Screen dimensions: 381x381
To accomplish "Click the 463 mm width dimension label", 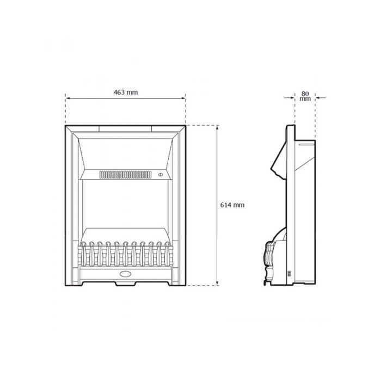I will (x=126, y=93).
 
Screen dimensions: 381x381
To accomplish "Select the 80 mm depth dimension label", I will (x=305, y=96).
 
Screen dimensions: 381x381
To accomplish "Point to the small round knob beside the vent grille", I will (x=161, y=175).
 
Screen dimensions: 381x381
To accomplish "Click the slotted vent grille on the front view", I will (x=126, y=175).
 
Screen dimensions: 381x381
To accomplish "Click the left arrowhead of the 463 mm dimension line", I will (x=67, y=98).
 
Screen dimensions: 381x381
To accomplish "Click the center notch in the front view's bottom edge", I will (x=126, y=284).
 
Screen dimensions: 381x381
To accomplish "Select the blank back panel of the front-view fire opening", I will (x=126, y=204).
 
